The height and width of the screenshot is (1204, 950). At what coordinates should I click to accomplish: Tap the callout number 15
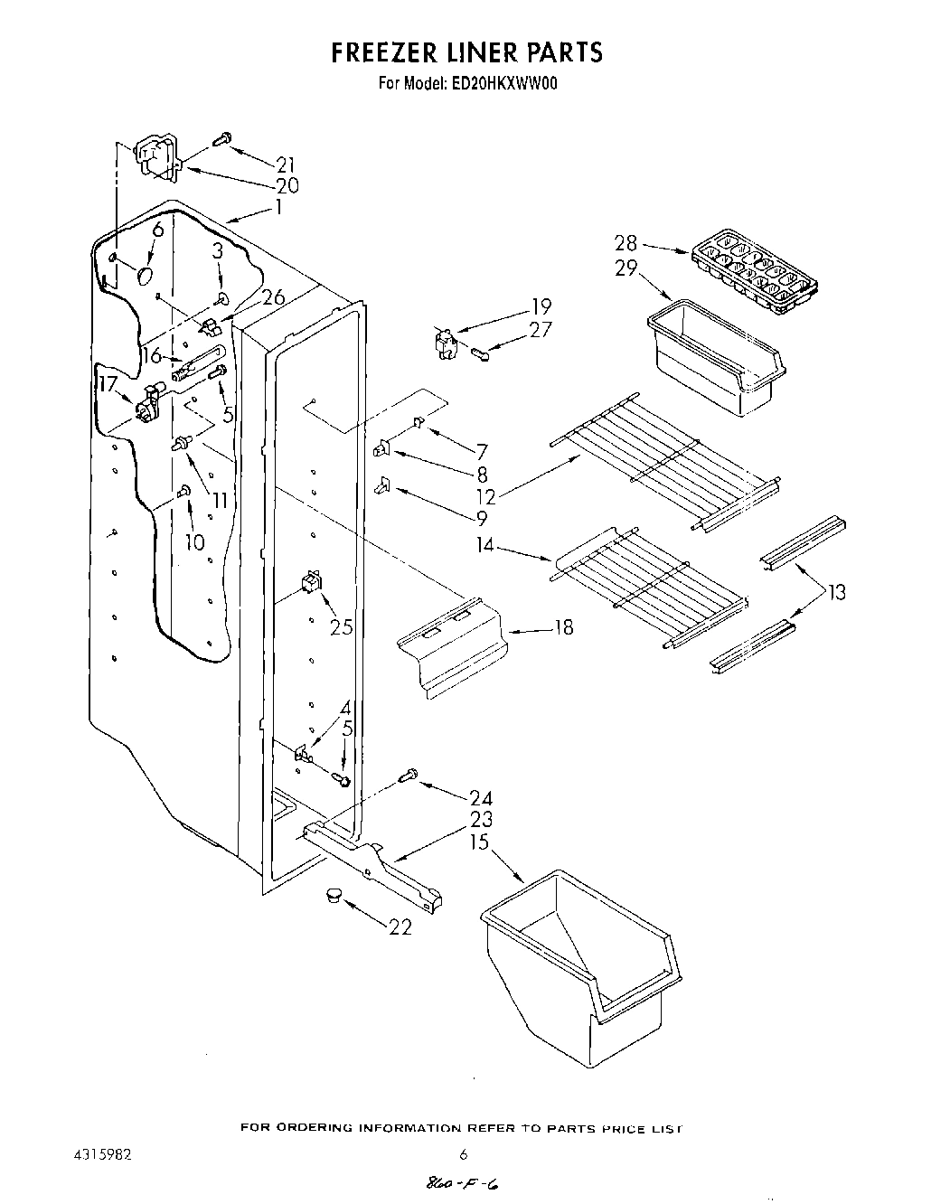479,843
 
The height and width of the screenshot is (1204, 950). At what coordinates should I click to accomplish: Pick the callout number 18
562,626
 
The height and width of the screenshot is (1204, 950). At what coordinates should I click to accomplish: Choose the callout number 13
836,593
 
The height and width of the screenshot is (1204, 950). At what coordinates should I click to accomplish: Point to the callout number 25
341,626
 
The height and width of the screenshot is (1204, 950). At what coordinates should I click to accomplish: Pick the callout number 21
286,165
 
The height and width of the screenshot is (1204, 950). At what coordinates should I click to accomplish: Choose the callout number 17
108,384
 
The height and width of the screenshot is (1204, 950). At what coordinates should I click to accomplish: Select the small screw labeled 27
484,355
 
